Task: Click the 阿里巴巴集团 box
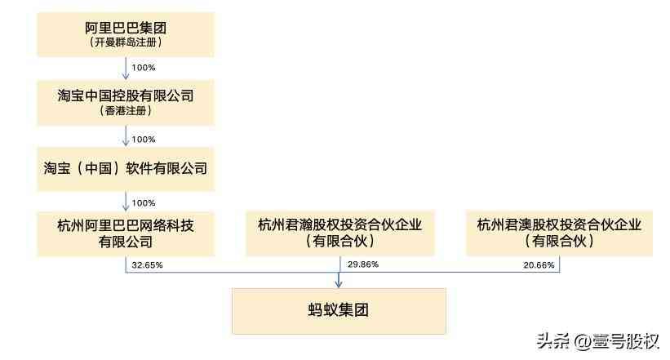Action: [125, 33]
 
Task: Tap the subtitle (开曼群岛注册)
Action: [125, 42]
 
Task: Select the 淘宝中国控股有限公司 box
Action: [125, 102]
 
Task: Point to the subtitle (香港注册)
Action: [125, 110]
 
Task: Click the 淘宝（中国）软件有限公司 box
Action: [125, 169]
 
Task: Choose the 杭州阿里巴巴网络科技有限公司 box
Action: [125, 233]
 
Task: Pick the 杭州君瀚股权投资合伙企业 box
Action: [339, 233]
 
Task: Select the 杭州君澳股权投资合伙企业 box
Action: [559, 233]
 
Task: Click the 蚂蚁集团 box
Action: [339, 311]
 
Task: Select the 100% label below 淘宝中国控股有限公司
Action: [143, 139]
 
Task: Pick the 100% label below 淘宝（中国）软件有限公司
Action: [143, 202]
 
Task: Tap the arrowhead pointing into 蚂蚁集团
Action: [339, 282]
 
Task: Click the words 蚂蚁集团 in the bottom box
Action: [339, 311]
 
